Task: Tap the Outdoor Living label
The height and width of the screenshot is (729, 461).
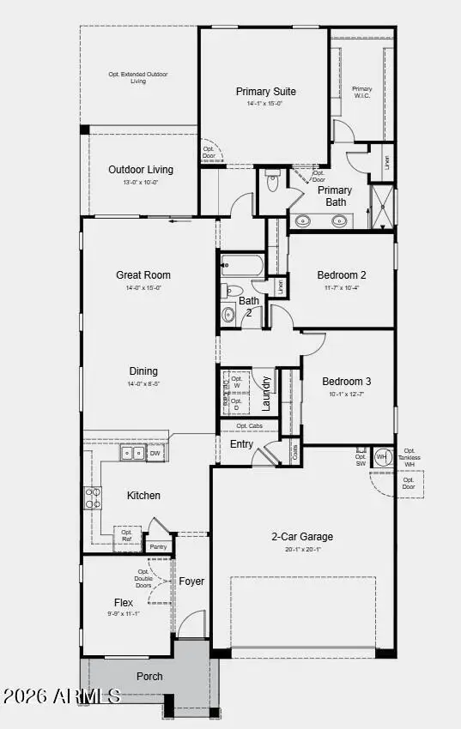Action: (x=141, y=170)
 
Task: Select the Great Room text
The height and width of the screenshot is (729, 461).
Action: (x=143, y=275)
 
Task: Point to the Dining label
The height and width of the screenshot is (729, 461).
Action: (x=143, y=371)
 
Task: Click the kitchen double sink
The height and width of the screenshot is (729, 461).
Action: (x=132, y=454)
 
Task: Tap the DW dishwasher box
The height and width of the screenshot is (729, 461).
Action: (x=155, y=453)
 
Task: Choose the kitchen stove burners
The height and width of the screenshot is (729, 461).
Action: (x=92, y=498)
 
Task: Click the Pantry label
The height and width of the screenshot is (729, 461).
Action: (x=158, y=546)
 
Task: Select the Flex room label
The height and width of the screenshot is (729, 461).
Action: (x=124, y=602)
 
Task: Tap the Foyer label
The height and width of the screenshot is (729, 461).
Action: (x=191, y=581)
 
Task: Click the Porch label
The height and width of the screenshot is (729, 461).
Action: (x=149, y=676)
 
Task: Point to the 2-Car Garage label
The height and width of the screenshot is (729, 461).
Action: (x=302, y=537)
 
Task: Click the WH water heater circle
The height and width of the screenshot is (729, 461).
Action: (x=382, y=457)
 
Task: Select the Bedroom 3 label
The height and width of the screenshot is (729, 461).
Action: (x=347, y=382)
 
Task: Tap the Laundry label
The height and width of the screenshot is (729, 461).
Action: (x=266, y=393)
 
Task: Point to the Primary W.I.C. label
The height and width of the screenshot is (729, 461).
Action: (x=362, y=92)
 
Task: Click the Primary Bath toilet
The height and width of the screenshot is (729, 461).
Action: (x=273, y=182)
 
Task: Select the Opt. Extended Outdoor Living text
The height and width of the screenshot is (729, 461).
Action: (x=138, y=78)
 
